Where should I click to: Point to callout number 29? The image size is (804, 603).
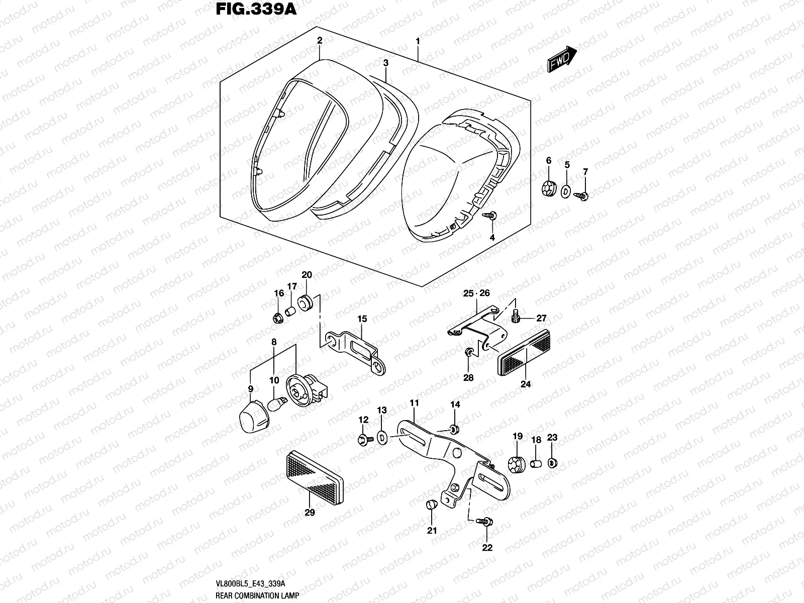[x=310, y=513]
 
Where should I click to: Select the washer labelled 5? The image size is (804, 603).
[x=566, y=190]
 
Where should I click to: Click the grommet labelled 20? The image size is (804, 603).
[x=305, y=303]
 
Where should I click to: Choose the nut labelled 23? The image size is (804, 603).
[x=552, y=462]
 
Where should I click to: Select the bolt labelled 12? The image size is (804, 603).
[x=363, y=440]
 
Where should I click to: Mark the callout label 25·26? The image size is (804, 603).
[x=476, y=293]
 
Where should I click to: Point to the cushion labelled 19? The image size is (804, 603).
[x=518, y=464]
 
